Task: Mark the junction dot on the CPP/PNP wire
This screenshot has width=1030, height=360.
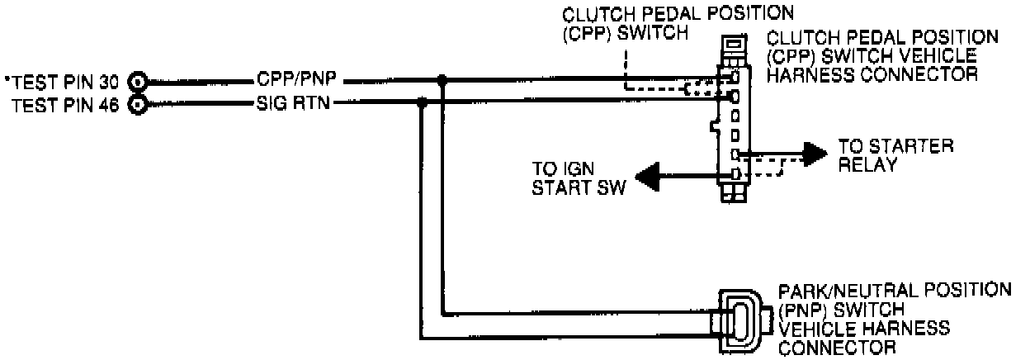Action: click(x=443, y=80)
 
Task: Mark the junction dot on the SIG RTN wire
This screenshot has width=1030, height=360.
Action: click(x=423, y=102)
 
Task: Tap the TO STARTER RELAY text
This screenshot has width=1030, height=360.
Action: click(x=895, y=154)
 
